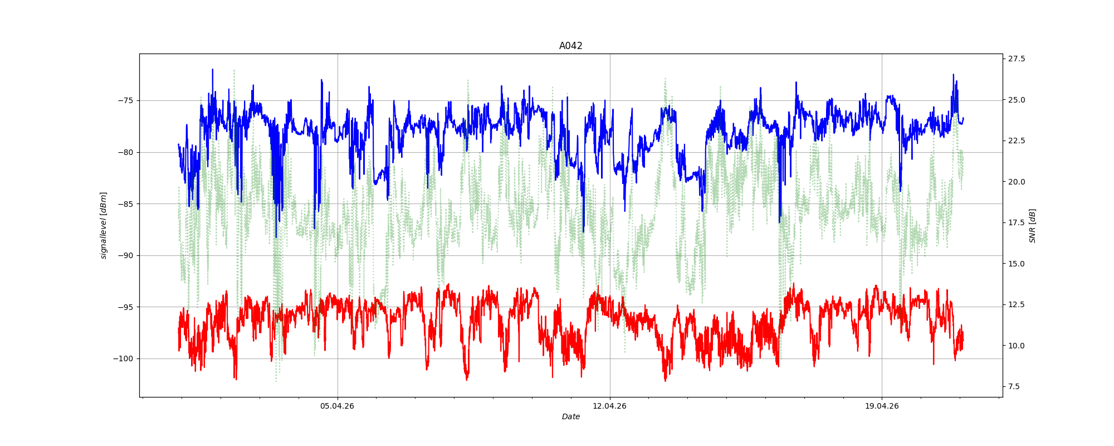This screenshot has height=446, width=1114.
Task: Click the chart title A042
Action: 570,46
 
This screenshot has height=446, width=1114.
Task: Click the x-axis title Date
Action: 570,416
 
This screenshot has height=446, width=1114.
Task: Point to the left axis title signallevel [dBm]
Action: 104,225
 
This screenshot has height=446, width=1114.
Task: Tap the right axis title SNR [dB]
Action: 1032,225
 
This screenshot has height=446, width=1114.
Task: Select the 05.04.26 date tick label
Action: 337,406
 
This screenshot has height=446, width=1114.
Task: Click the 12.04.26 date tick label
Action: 609,406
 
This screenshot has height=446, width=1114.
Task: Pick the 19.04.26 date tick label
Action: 882,406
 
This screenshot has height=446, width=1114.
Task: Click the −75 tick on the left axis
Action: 125,100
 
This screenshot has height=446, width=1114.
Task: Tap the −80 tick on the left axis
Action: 125,152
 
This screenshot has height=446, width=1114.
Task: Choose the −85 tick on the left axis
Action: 125,203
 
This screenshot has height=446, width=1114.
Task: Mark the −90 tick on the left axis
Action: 125,255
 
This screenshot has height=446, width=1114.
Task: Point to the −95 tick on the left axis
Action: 125,307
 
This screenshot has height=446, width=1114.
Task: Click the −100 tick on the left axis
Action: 123,358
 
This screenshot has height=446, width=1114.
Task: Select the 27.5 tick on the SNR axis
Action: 1017,59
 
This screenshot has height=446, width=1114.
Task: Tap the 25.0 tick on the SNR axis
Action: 1017,100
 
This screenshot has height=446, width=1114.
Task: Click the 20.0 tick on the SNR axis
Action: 1017,182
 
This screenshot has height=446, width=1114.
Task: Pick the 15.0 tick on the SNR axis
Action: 1017,263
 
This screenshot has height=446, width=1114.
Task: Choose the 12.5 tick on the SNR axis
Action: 1017,304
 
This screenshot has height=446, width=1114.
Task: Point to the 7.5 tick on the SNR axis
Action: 1015,386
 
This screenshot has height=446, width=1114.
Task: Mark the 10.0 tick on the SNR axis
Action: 1017,346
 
